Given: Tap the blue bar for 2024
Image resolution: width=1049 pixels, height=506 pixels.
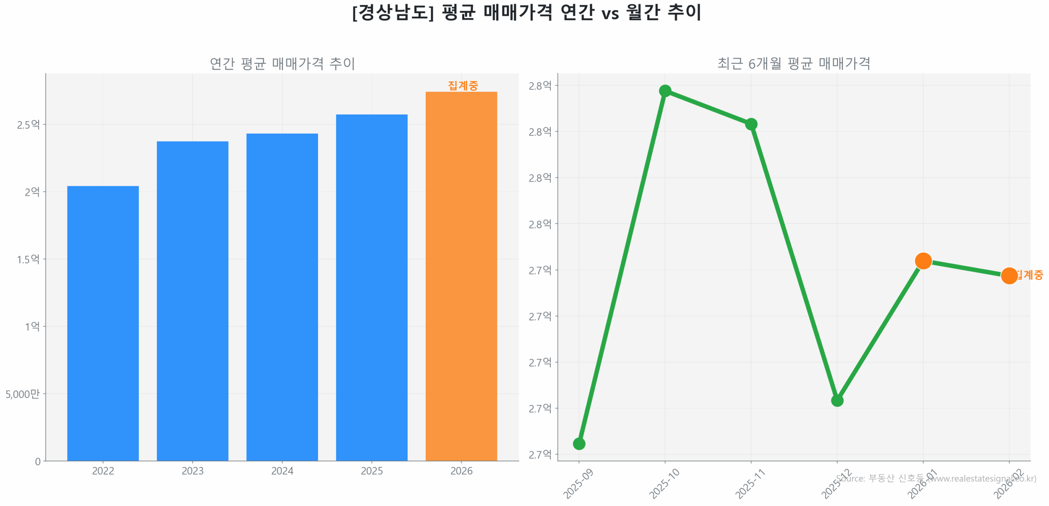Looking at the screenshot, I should click(282, 297).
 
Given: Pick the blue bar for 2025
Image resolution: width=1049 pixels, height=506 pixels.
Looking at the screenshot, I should click(372, 287).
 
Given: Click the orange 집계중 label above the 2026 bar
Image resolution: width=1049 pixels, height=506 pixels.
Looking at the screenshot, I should click(463, 85).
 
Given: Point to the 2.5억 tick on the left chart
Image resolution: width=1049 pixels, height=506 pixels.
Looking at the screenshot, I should click(28, 125).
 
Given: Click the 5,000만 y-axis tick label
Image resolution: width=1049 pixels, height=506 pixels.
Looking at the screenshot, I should click(23, 394).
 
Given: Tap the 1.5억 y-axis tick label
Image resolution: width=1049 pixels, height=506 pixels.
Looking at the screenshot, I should click(28, 259).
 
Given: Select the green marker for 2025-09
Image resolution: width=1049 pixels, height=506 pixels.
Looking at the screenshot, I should click(579, 443).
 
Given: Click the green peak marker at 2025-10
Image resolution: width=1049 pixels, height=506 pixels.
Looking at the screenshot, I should click(665, 91).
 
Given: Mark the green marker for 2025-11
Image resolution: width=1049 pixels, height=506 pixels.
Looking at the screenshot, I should click(751, 124).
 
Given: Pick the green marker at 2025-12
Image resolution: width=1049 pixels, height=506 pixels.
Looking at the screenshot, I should click(837, 400).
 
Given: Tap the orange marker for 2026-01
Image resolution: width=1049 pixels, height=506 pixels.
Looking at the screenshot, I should click(923, 260).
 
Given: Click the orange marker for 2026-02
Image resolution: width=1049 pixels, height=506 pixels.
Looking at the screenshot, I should click(1009, 276).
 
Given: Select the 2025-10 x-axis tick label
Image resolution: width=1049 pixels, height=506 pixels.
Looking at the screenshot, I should click(664, 483).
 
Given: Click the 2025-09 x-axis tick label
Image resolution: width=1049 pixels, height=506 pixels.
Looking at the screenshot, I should click(578, 483).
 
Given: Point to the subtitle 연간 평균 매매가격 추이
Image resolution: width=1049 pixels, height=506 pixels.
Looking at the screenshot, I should click(282, 64).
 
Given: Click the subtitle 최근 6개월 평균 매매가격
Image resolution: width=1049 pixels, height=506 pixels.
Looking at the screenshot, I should click(793, 64).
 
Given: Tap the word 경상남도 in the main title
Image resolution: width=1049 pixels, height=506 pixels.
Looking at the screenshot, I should click(393, 12).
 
